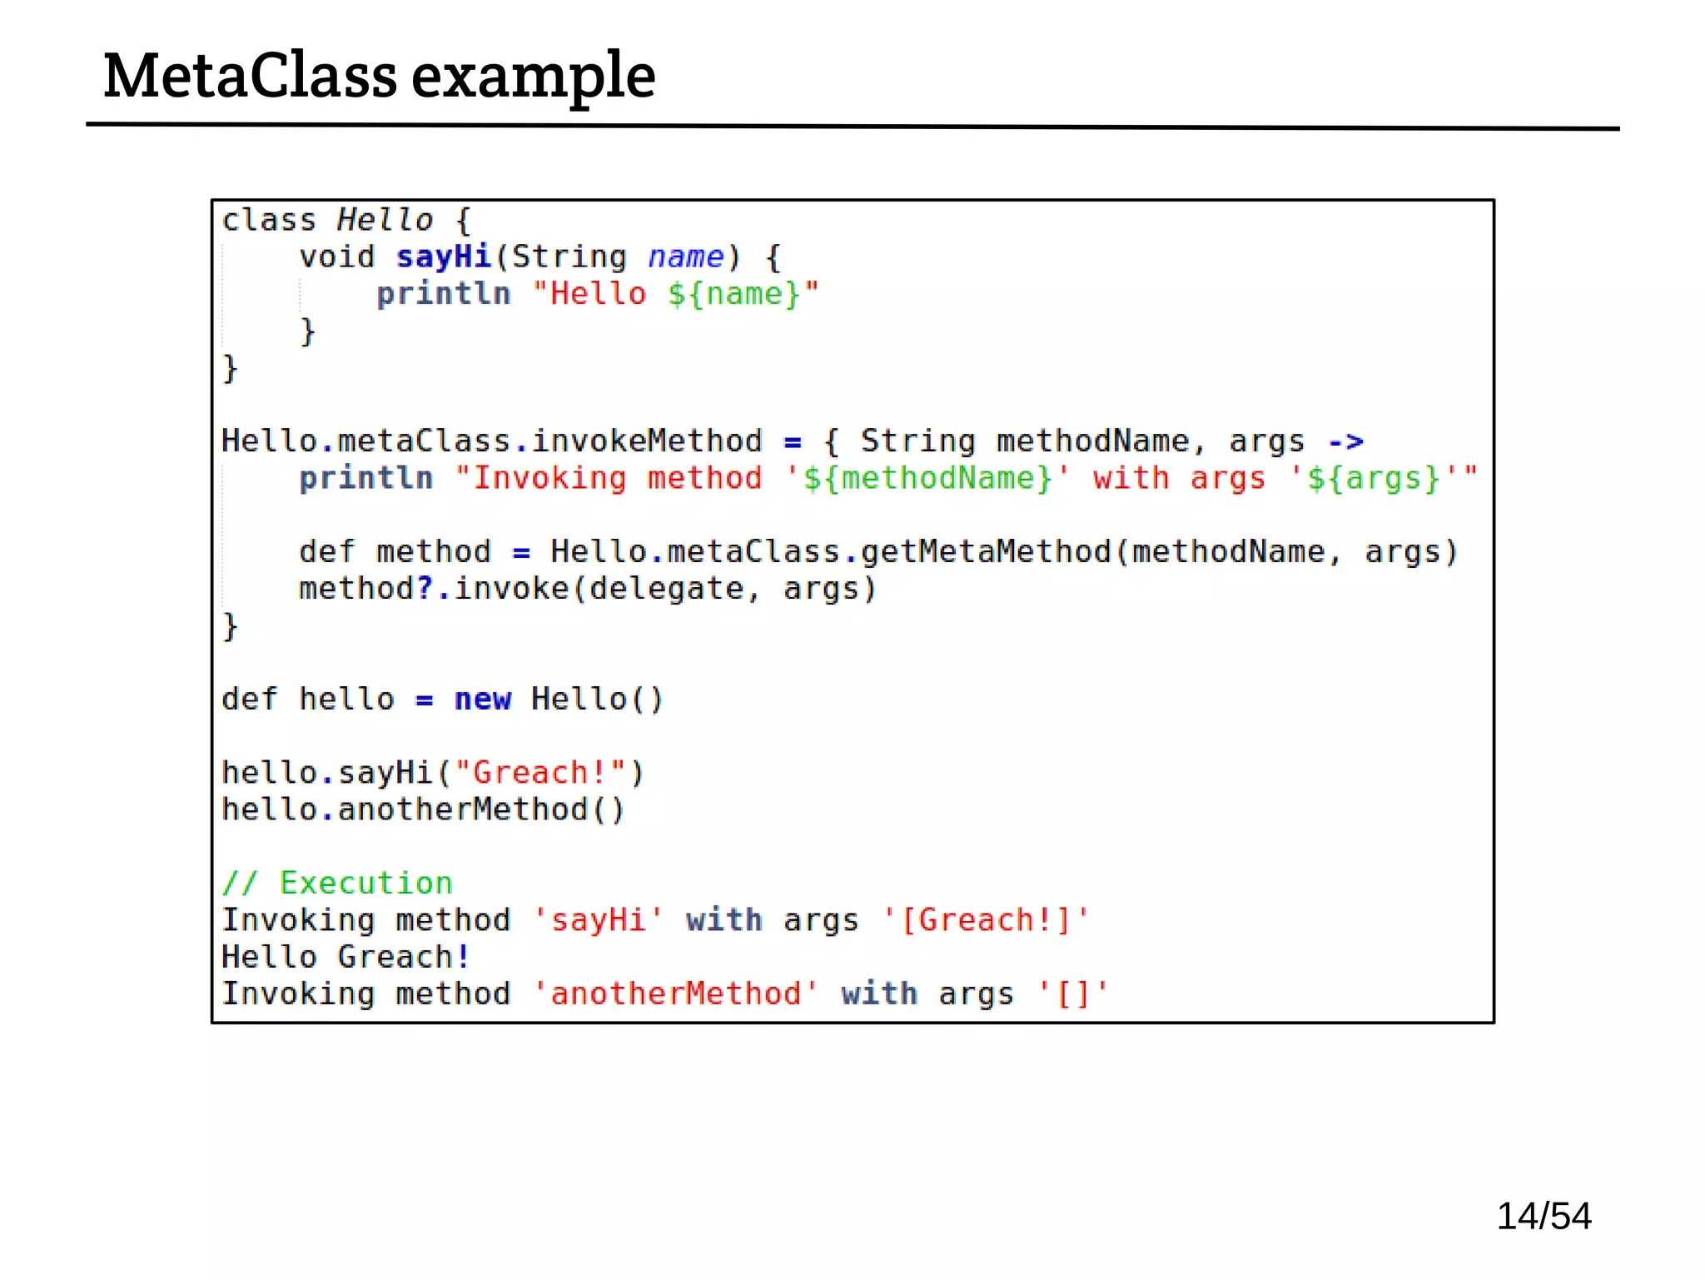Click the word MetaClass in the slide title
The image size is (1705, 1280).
point(250,77)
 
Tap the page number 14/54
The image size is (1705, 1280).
point(1543,1216)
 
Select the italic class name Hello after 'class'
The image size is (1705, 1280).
point(385,220)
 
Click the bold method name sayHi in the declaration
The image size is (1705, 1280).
point(444,256)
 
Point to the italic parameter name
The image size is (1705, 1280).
point(685,256)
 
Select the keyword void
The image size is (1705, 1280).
point(336,256)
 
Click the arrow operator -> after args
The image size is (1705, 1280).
point(1345,441)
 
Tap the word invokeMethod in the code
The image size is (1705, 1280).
point(647,441)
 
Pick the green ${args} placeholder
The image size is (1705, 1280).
point(1373,478)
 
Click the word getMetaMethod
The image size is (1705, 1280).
point(986,551)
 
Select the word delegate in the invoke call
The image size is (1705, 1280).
point(666,589)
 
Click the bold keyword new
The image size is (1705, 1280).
point(482,699)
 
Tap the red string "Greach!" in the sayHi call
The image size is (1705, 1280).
point(540,773)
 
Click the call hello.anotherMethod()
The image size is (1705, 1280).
point(423,809)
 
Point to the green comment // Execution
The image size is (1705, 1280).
point(337,883)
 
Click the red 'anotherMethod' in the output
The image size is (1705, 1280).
point(675,994)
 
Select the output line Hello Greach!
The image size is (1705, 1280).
point(345,957)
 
